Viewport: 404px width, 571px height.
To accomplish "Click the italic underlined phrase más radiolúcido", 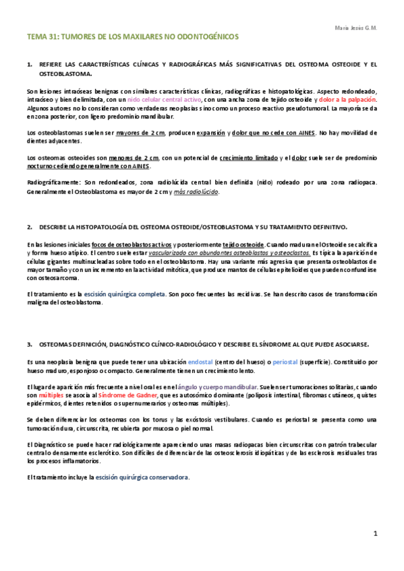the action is tap(196, 192).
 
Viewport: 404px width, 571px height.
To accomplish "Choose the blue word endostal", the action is tap(201, 362).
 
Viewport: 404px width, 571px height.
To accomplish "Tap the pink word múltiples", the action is tap(50, 395).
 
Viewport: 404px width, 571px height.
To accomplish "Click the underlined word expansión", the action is tap(208, 133).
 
